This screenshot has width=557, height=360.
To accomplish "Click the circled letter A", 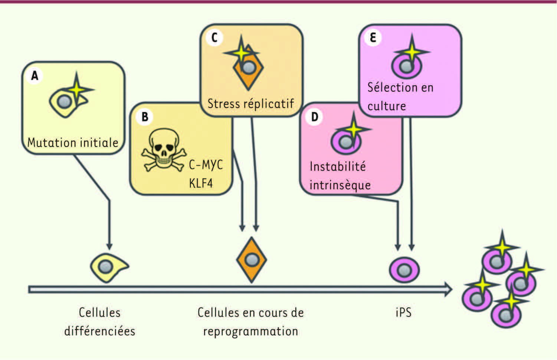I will click(x=35, y=76).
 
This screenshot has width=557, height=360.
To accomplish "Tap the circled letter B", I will click(x=145, y=117).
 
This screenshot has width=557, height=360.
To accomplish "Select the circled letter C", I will click(x=214, y=37).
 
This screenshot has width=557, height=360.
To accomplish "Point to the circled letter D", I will click(x=315, y=117).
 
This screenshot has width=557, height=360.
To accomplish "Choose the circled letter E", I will click(x=373, y=37).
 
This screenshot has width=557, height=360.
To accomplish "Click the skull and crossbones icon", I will click(x=163, y=151).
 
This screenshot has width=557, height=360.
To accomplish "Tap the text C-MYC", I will click(x=206, y=164).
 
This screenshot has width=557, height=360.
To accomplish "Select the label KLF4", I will click(x=201, y=183).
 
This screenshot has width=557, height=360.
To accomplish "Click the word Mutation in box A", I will click(x=50, y=143).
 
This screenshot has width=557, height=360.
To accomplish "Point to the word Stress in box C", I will click(x=223, y=104).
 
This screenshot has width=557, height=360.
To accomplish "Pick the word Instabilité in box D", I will click(x=338, y=166).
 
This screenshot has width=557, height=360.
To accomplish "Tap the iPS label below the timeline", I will click(x=403, y=312).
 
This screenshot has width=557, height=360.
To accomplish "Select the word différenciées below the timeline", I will click(x=99, y=331).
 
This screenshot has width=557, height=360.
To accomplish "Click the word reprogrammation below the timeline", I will click(x=250, y=331).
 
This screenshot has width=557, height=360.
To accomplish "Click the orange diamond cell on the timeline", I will click(x=252, y=260).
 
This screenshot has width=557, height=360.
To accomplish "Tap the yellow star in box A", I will click(x=77, y=89).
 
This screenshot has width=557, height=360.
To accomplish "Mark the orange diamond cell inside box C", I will click(x=248, y=70).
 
